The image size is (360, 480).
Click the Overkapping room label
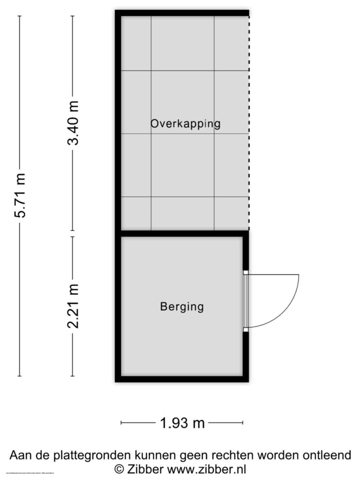(x=185, y=124)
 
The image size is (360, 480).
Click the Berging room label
(x=182, y=307)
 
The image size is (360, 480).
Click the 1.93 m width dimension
(x=182, y=423)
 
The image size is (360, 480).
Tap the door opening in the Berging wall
(x=246, y=301)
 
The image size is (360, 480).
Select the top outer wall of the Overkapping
(x=182, y=13)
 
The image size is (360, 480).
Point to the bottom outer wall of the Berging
(x=182, y=379)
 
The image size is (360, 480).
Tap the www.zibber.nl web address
(x=207, y=469)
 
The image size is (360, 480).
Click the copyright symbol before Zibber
(x=119, y=469)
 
